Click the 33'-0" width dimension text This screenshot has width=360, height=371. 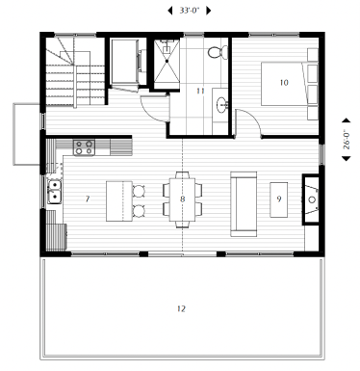click(190, 11)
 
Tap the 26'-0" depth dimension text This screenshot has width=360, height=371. click(347, 140)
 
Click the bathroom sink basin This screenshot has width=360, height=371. click(221, 105)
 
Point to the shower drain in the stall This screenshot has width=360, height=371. click(167, 61)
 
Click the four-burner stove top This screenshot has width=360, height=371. click(84, 147)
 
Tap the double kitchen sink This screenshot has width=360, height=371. click(55, 192)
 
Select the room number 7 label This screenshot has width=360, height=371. click(88, 199)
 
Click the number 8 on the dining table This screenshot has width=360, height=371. click(182, 199)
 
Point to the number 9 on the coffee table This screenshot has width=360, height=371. click(279, 199)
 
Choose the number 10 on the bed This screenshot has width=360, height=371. click(284, 83)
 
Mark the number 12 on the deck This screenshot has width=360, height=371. click(181, 308)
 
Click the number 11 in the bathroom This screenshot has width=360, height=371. click(200, 91)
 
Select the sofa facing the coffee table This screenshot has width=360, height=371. click(244, 204)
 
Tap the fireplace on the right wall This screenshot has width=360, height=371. click(311, 199)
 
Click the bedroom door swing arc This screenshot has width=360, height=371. click(253, 117)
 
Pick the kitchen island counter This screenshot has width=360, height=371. click(119, 201)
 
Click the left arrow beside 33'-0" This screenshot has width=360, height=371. click(169, 11)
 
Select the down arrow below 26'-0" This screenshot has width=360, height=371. click(347, 158)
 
